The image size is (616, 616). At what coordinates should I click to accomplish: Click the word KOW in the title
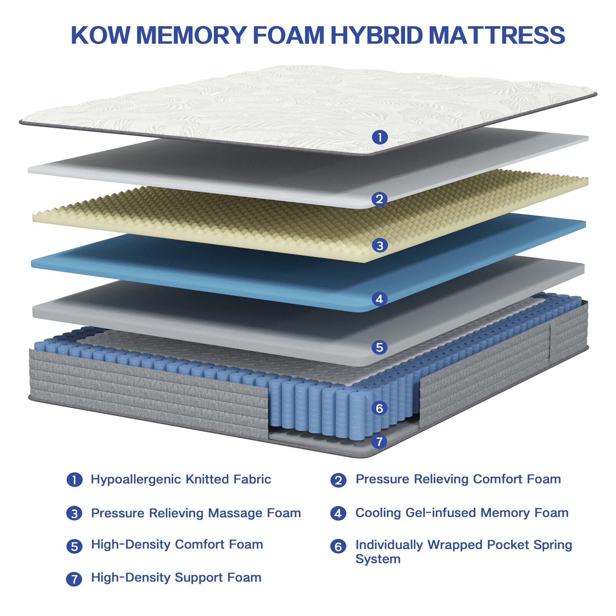coord(101,35)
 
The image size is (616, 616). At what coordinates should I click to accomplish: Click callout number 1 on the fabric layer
coord(380,137)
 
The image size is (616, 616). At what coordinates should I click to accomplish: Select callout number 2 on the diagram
coord(380,199)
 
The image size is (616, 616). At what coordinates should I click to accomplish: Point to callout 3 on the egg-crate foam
coord(380,245)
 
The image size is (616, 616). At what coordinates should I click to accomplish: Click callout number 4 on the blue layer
coord(380,299)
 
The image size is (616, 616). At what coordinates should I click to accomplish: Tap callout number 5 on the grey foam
coord(380,347)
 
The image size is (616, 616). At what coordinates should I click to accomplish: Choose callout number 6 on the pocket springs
coord(380,408)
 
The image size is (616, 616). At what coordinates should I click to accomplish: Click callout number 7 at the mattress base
coord(380,441)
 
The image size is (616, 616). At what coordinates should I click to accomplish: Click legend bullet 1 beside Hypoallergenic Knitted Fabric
coord(74,480)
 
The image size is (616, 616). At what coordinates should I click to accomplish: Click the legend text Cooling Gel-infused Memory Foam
coord(462,513)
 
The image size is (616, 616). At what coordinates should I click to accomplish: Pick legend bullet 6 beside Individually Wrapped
coord(338,546)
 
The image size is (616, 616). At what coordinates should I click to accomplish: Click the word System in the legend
coord(378,559)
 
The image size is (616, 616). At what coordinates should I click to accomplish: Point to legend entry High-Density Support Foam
coord(176,577)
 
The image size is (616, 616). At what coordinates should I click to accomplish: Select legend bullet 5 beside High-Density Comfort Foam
coord(74,546)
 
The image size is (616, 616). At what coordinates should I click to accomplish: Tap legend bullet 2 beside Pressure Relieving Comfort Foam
coord(338,480)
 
